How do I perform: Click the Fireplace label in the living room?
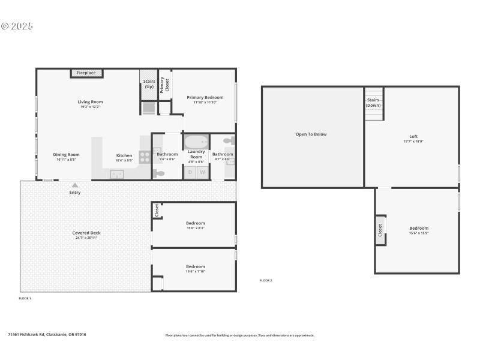[86, 73]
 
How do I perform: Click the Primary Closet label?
[164, 85]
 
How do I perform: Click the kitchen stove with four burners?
[145, 157]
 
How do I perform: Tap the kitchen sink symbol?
[117, 174]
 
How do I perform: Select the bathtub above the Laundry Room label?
[196, 142]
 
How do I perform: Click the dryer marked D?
[190, 172]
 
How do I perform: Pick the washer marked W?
[202, 172]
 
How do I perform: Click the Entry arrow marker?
[75, 185]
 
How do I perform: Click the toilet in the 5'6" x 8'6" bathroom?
[158, 173]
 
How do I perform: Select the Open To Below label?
[311, 134]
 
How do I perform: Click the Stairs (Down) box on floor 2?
[373, 104]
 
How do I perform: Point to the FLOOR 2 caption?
[265, 281]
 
